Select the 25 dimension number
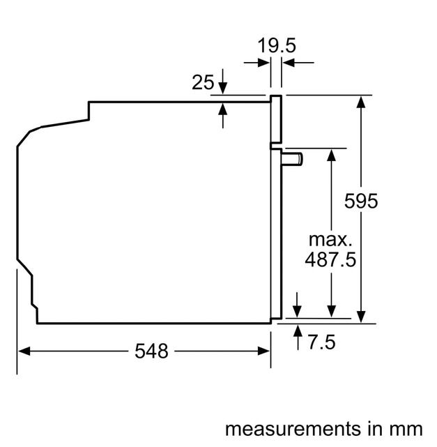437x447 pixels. click(x=202, y=83)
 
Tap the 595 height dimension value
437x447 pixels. click(x=361, y=202)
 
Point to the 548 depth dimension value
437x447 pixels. click(x=151, y=351)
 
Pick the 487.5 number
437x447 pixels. click(x=330, y=260)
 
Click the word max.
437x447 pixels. click(x=330, y=240)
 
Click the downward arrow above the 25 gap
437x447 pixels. click(x=222, y=88)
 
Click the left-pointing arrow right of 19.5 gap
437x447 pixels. click(x=287, y=63)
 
